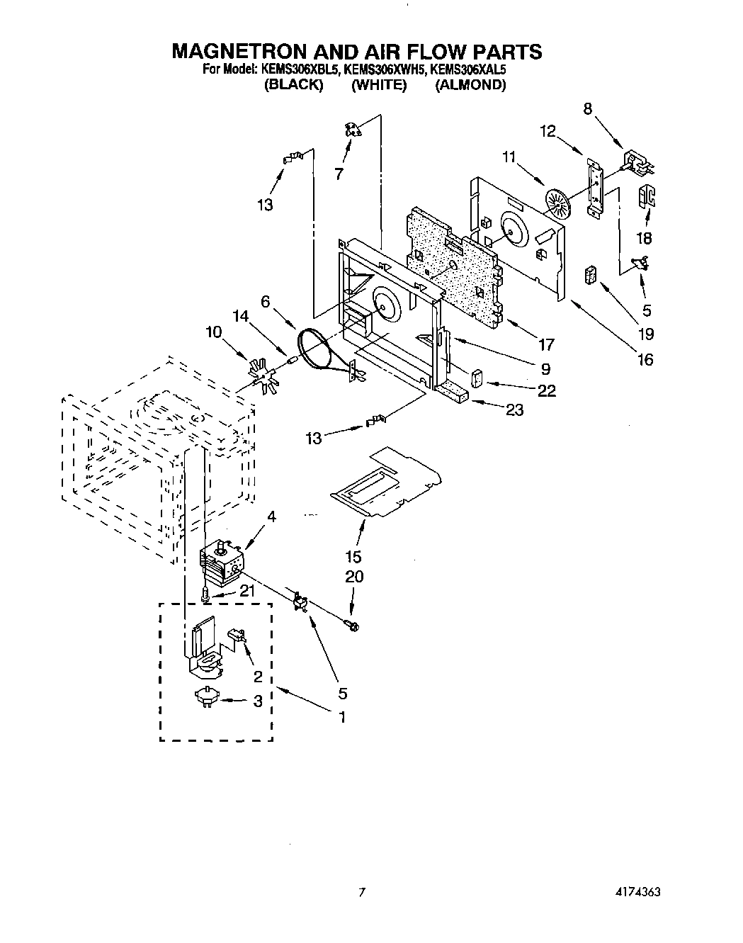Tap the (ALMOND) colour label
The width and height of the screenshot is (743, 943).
(x=470, y=85)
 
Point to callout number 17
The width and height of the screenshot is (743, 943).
(x=545, y=345)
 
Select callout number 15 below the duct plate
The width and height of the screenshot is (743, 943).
(x=353, y=556)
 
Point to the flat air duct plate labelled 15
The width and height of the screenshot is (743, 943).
(x=386, y=482)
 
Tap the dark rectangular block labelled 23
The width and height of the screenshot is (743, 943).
(x=450, y=393)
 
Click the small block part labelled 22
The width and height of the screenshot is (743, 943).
(x=478, y=378)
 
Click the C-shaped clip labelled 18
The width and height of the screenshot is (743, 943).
(x=647, y=196)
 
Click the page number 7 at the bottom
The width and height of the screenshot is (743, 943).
(x=362, y=892)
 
